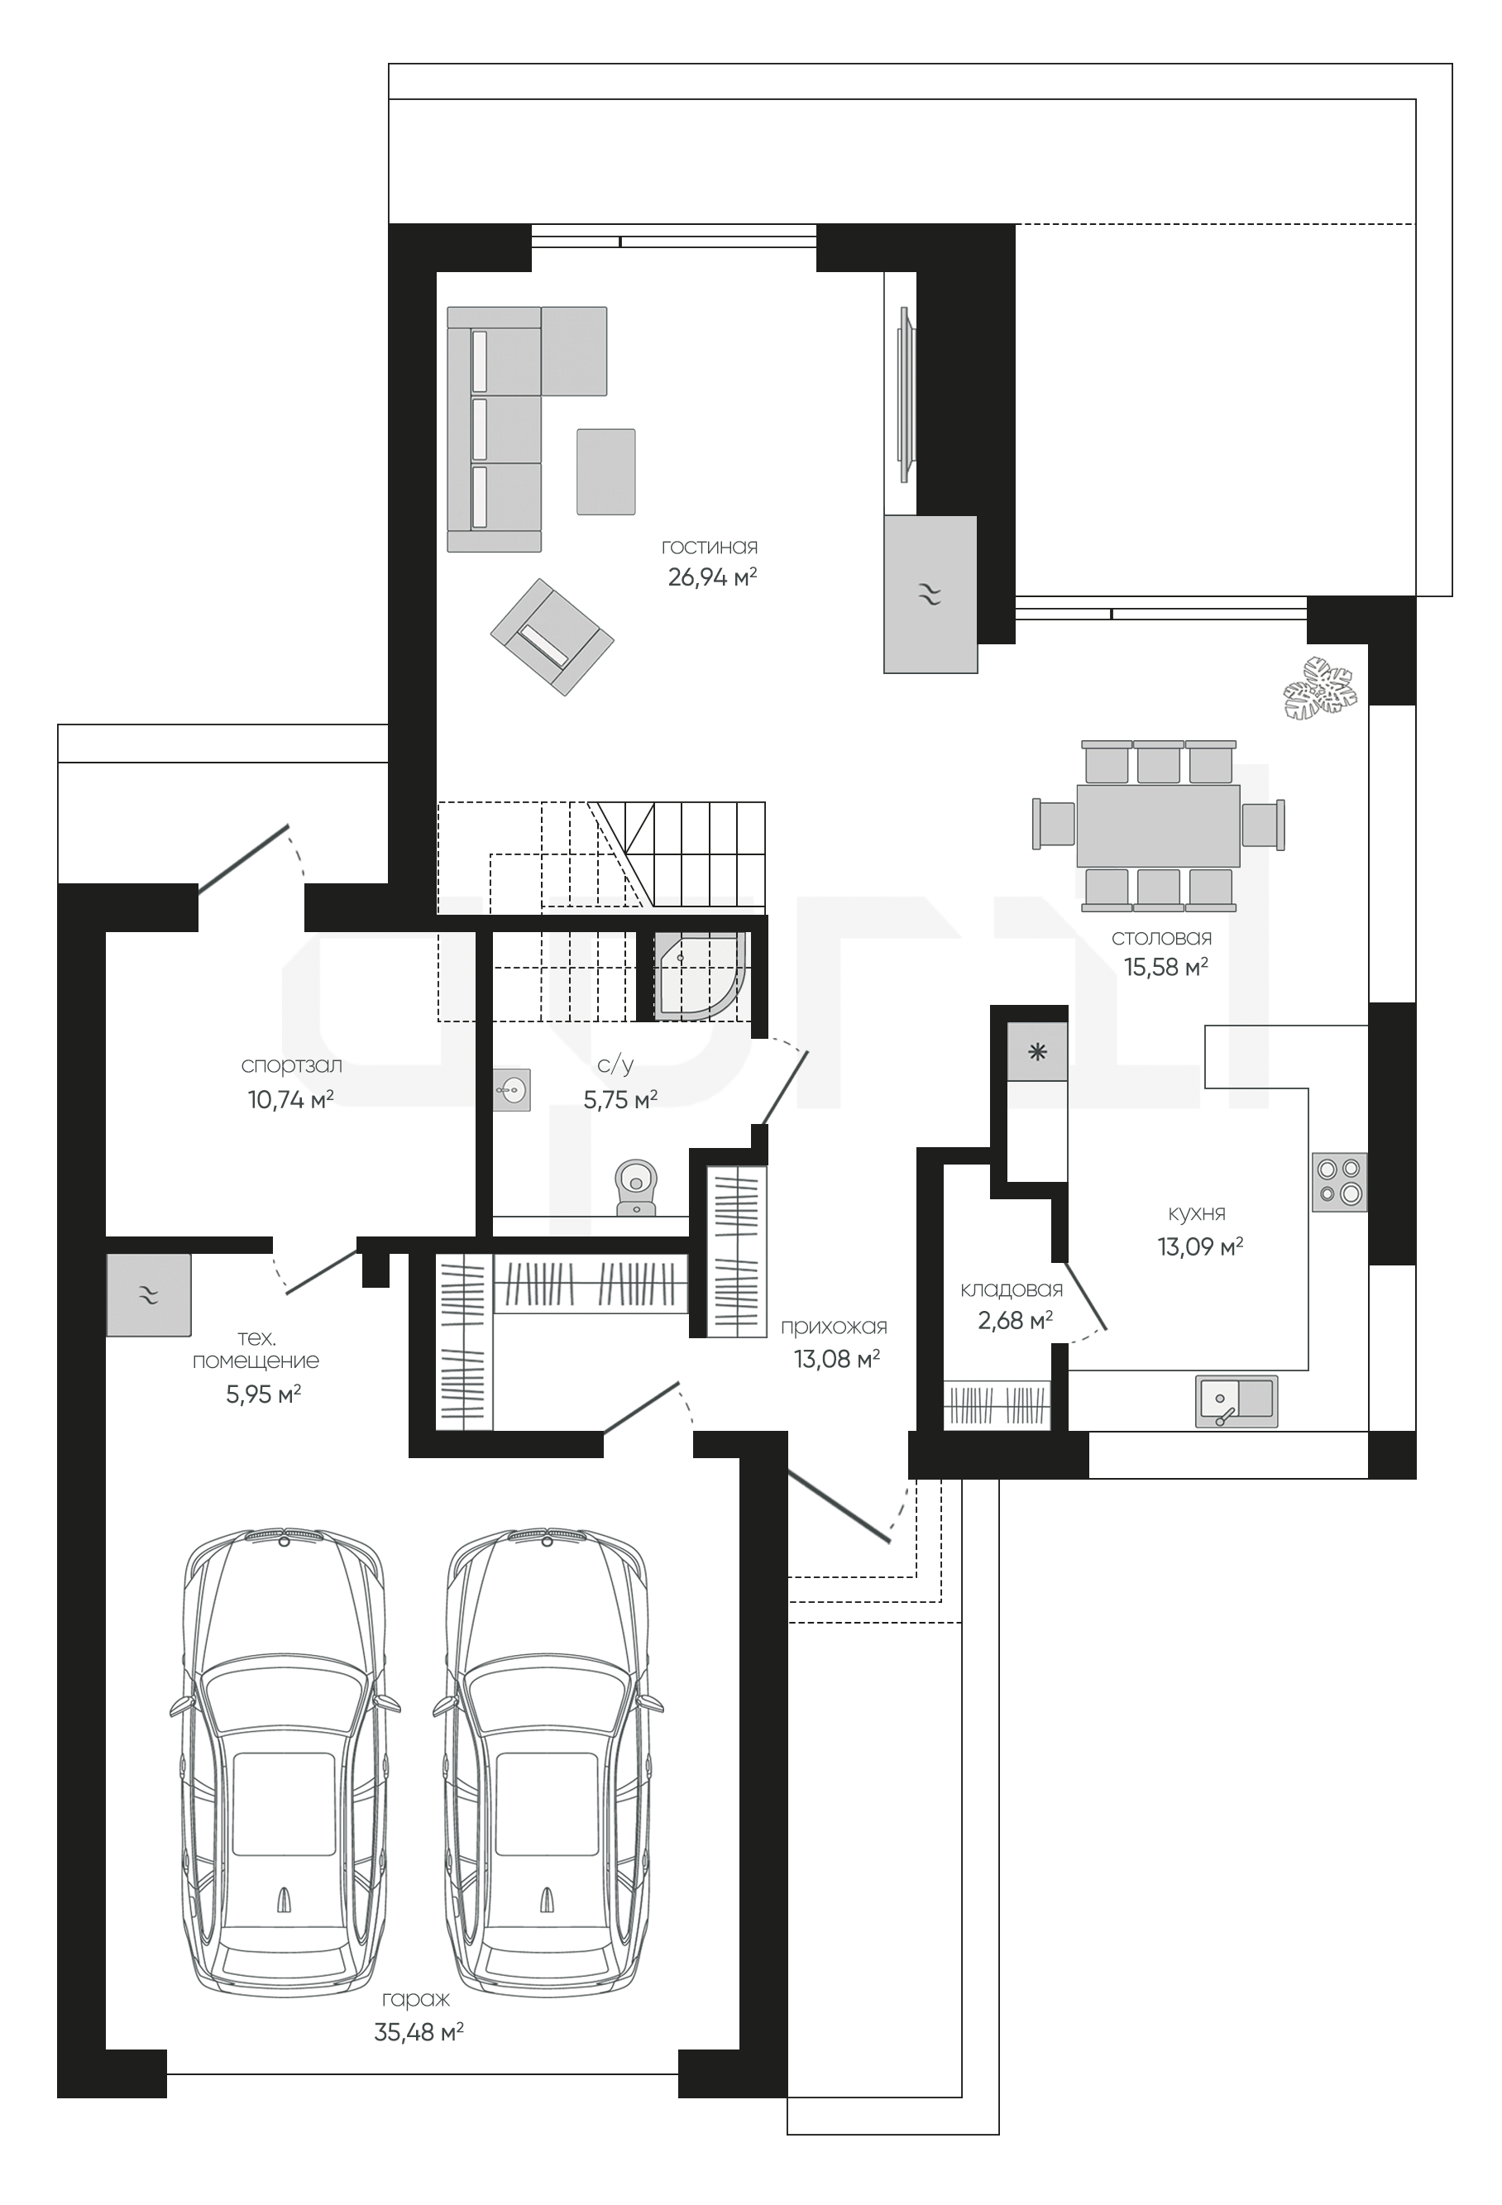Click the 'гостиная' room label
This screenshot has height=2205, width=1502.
(710, 548)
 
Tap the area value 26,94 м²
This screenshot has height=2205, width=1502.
(713, 576)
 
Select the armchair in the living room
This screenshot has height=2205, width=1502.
(552, 637)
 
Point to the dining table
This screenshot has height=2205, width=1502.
(1158, 825)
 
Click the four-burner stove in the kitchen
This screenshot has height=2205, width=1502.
(1340, 1182)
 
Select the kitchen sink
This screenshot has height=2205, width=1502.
(1237, 1400)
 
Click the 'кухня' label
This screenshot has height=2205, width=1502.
(1197, 1213)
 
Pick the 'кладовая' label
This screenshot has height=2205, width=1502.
(1012, 1289)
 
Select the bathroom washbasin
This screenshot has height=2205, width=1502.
(512, 1089)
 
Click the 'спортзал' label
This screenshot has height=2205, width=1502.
(291, 1065)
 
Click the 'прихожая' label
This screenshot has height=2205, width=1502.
(834, 1327)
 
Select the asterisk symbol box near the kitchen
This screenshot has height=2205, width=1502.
(1037, 1051)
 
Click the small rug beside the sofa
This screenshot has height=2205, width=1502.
(605, 471)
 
